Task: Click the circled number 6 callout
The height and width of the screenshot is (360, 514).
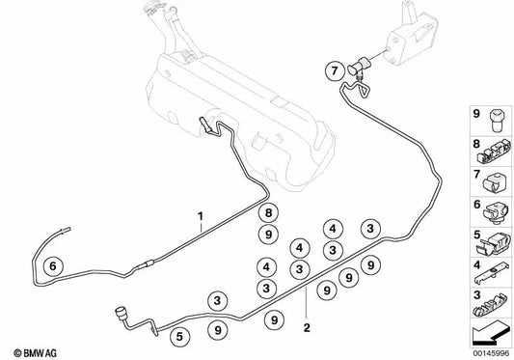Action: [53, 266]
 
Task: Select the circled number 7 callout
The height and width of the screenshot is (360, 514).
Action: [332, 69]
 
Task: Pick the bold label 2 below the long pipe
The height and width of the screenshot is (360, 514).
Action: [306, 326]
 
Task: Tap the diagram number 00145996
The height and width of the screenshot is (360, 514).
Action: [489, 351]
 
